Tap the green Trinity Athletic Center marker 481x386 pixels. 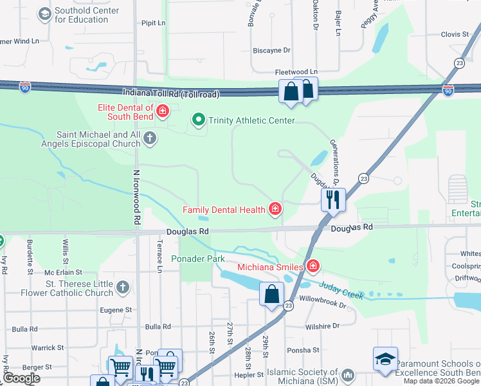click(x=199, y=120)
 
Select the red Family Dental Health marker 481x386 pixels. click(x=275, y=208)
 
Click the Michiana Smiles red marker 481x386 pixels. click(x=313, y=266)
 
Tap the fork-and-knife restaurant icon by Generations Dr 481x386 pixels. click(x=333, y=199)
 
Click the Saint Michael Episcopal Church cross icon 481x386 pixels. click(x=149, y=138)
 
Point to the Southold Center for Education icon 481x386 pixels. click(x=44, y=14)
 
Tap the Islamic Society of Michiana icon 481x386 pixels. click(x=348, y=374)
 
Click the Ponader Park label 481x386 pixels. click(x=198, y=259)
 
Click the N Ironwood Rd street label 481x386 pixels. click(x=136, y=196)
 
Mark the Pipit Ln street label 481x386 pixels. click(x=153, y=23)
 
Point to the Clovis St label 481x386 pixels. click(x=455, y=34)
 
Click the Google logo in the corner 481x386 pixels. click(x=21, y=378)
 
